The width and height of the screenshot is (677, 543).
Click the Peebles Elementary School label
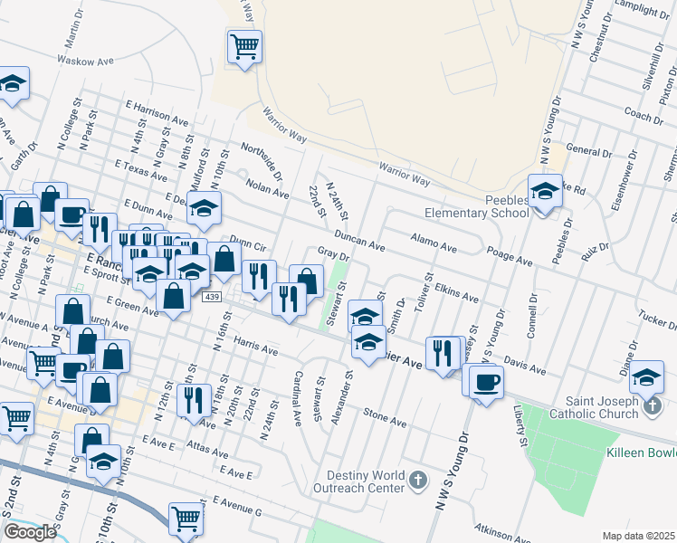pyautogui.click(x=477, y=205)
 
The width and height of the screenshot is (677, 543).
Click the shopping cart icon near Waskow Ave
pyautogui.click(x=244, y=45)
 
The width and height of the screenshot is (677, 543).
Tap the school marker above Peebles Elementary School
pyautogui.click(x=544, y=192)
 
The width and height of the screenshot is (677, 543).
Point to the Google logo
pyautogui.click(x=30, y=532)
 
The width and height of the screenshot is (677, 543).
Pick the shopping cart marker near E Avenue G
pyautogui.click(x=186, y=519)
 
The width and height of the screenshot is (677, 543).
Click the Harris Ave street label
pyautogui.click(x=254, y=344)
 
